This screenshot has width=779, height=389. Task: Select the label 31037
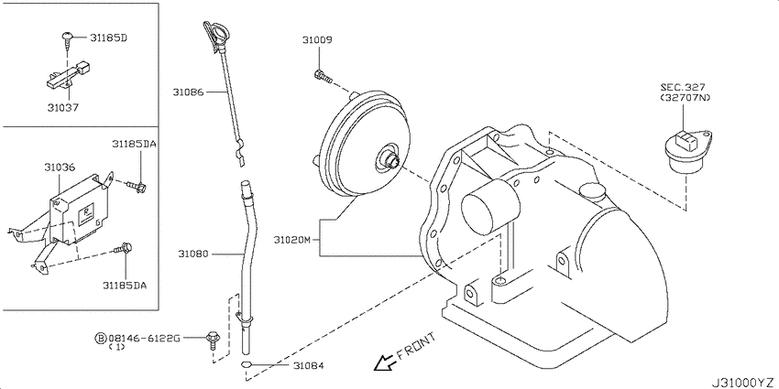click(62, 107)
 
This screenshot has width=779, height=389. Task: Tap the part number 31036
click(59, 168)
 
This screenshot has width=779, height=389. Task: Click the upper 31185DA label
click(134, 145)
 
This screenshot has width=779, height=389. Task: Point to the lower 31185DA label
click(125, 285)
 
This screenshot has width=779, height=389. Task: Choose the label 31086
click(190, 92)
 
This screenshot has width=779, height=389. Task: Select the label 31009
click(317, 40)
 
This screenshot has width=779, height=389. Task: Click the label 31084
click(308, 366)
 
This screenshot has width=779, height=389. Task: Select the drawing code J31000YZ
click(739, 380)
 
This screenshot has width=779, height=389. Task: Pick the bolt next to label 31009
click(318, 74)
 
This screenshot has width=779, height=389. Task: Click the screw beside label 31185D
click(67, 38)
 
